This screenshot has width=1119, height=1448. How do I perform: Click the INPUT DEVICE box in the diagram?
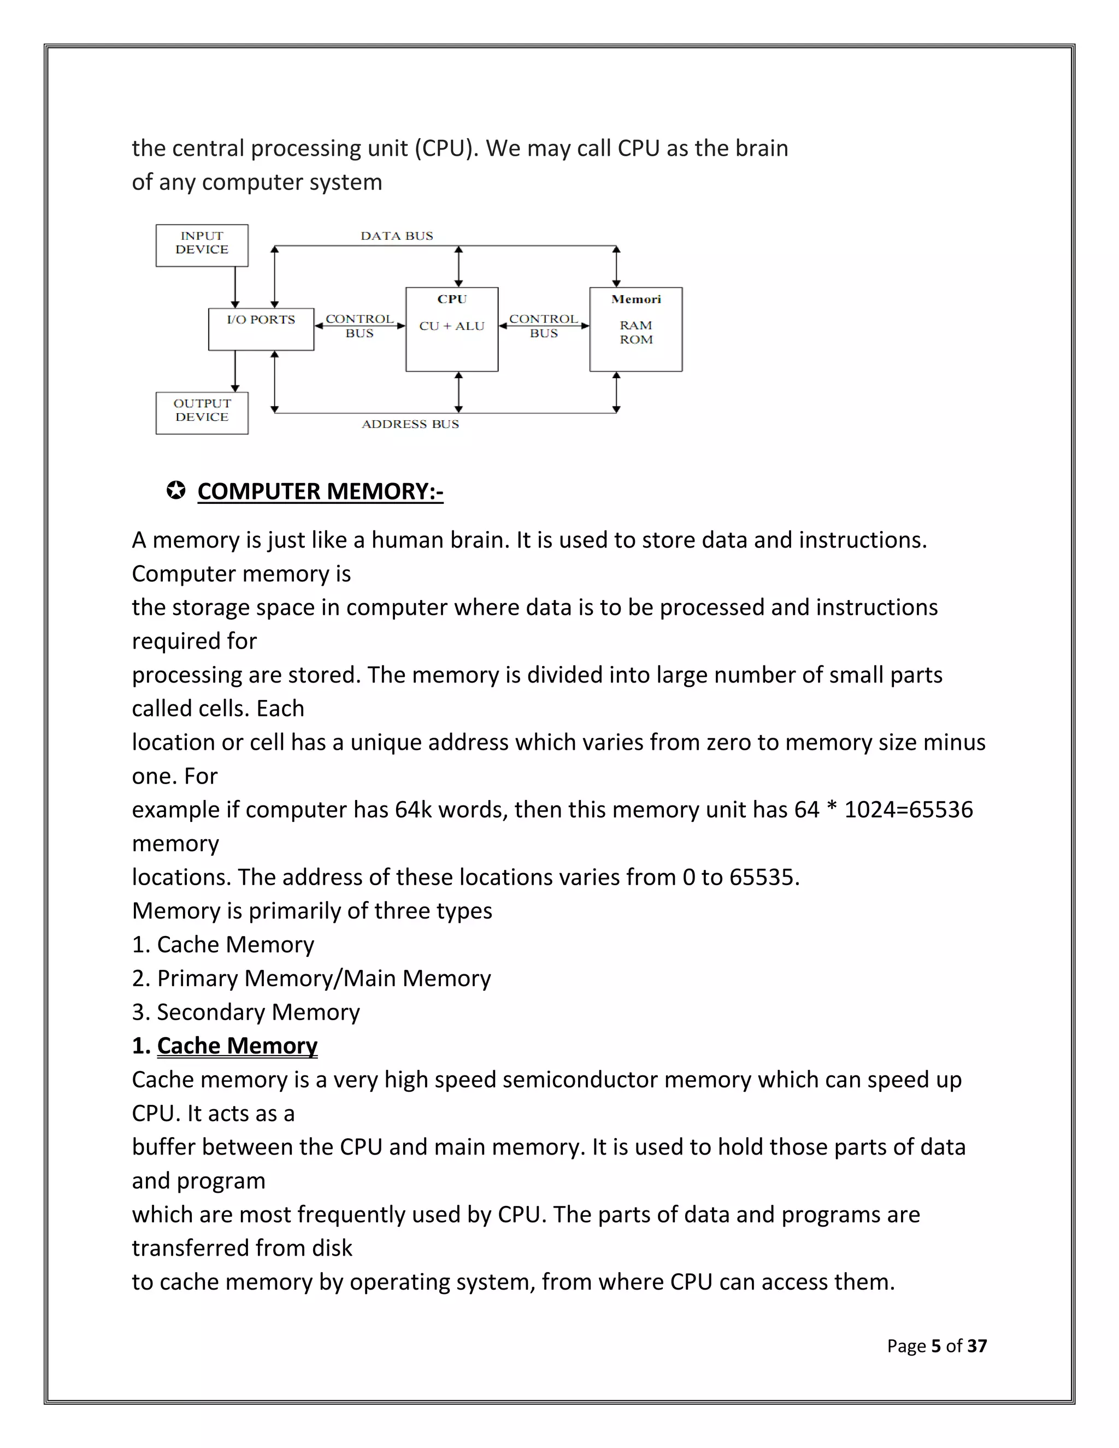(x=202, y=245)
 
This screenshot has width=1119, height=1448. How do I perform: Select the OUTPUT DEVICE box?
(x=202, y=413)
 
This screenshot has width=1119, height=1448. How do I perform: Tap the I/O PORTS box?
(x=261, y=329)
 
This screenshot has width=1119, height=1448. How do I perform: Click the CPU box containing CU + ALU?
(x=451, y=329)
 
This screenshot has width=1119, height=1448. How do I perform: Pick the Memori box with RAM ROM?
(x=636, y=329)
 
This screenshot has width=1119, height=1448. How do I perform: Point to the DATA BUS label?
(x=397, y=236)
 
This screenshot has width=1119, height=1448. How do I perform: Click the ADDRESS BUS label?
(x=410, y=425)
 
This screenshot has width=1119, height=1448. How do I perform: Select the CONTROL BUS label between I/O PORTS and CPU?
(x=360, y=326)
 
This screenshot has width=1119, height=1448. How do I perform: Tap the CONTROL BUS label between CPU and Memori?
(x=544, y=326)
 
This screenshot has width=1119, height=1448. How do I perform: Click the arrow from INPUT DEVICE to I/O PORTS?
(x=234, y=286)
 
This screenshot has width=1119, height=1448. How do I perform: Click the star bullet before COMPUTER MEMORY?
(x=176, y=491)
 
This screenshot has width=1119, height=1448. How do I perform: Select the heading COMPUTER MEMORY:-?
(x=320, y=491)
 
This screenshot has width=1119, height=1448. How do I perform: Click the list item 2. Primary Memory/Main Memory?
(x=311, y=979)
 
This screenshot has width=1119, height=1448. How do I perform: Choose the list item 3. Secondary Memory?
(x=245, y=1013)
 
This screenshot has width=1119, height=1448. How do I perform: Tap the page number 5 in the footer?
(x=935, y=1346)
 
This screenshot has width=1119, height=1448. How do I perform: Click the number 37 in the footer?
(x=976, y=1346)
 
